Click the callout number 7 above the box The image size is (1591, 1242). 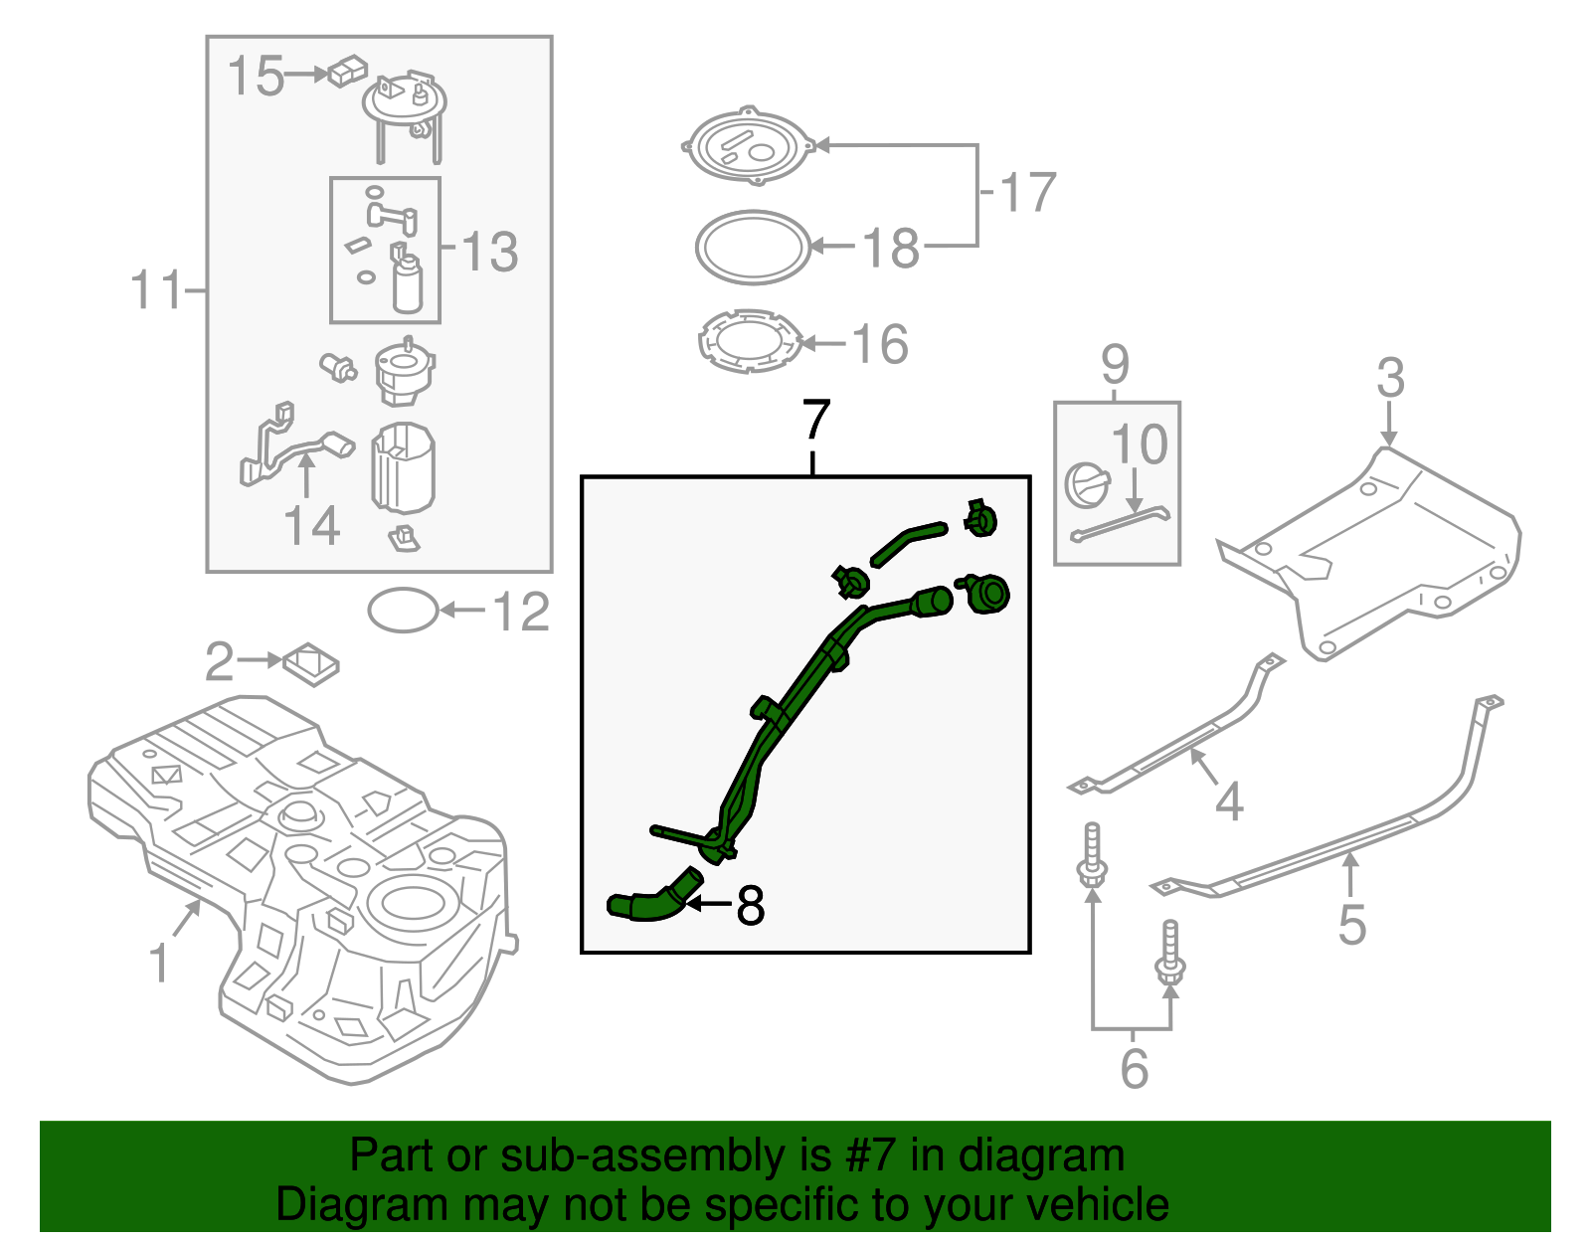(815, 422)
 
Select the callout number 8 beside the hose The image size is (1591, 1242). (751, 906)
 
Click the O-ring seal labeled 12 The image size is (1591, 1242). (403, 611)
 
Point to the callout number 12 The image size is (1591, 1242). (521, 613)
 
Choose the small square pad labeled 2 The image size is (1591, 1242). (311, 663)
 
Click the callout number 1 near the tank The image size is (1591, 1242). (159, 963)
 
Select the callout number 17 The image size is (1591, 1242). (1026, 192)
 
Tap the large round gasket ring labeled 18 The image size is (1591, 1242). (753, 247)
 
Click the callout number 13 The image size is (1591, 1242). (490, 252)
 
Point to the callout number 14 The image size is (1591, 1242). (311, 526)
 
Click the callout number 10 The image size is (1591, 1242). (1139, 444)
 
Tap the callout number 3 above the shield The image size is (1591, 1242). (1390, 378)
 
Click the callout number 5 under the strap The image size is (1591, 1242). (1351, 924)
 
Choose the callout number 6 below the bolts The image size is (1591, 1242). (1134, 1069)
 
